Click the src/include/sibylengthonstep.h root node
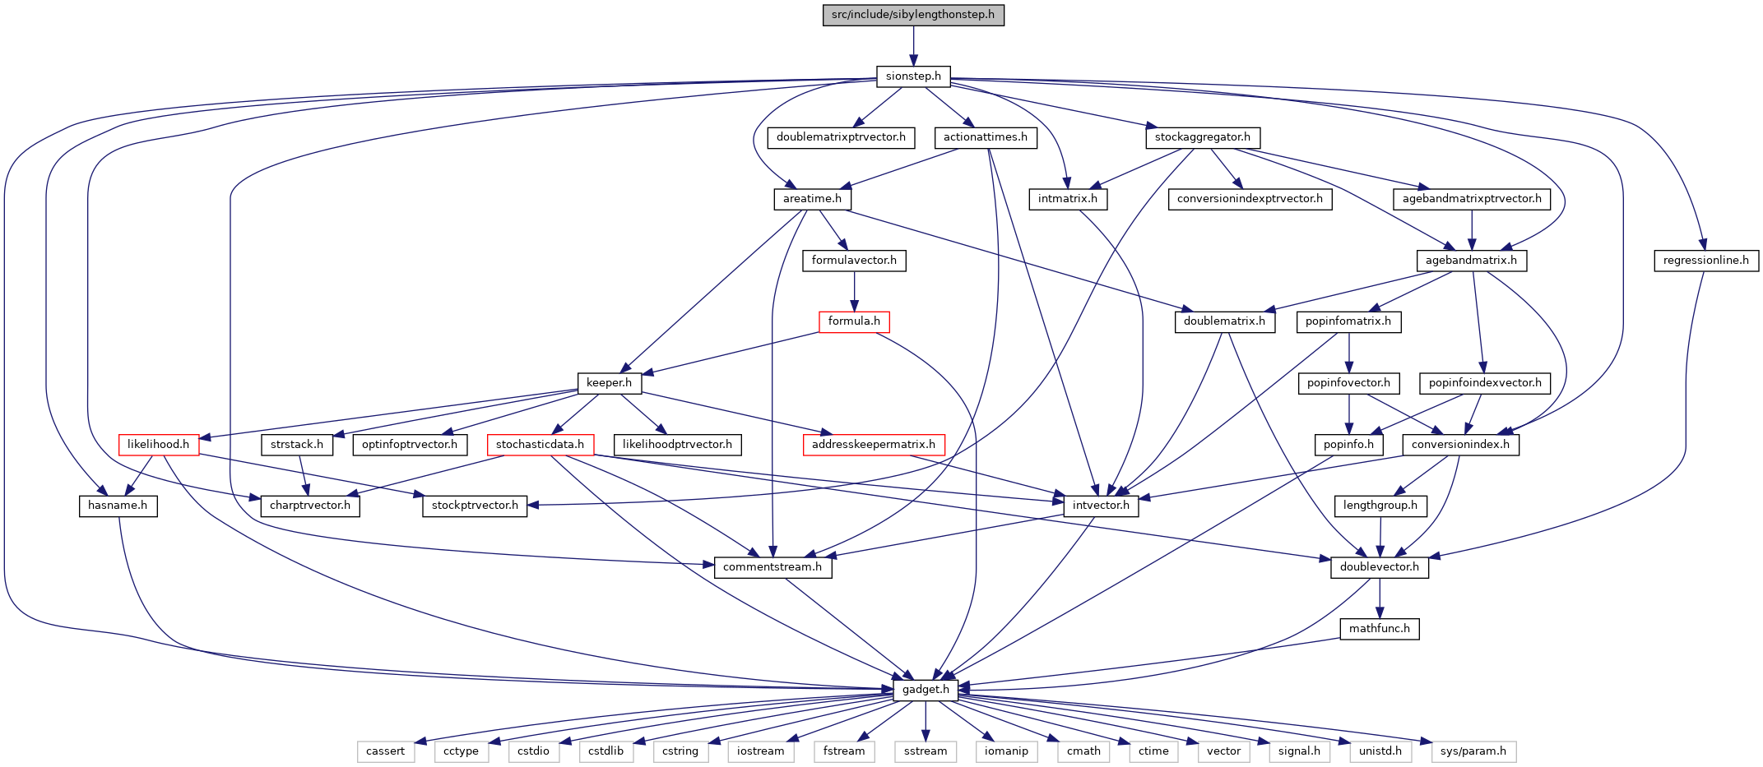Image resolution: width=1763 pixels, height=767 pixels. coord(913,15)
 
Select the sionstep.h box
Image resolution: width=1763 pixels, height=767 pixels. coord(913,76)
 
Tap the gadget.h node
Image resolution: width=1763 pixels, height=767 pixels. coord(926,690)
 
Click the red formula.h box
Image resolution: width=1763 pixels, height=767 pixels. coord(854,321)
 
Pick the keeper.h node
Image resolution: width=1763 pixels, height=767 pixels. coord(609,383)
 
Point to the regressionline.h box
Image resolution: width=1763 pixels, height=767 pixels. coord(1706,261)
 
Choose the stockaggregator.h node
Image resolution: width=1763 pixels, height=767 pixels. coord(1203,137)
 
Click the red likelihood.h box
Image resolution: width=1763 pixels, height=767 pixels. coord(158,445)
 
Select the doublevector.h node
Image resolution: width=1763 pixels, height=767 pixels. coord(1380,567)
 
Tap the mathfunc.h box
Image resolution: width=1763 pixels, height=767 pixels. coord(1380,629)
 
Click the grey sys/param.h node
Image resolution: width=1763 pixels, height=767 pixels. coord(1473,751)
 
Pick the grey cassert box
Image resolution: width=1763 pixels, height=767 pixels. coord(385,751)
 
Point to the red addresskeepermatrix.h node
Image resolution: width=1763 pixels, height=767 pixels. coord(874,445)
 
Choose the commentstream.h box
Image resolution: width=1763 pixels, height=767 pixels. coord(772,567)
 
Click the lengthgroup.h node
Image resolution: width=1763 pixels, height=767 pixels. coord(1380,506)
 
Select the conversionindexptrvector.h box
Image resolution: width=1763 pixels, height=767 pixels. coord(1250,199)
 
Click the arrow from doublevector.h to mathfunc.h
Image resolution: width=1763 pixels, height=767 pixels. coord(1380,598)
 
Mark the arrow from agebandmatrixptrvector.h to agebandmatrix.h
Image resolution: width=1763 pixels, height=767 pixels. coord(1472,230)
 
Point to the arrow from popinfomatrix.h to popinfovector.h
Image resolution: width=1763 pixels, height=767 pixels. coord(1348,353)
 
